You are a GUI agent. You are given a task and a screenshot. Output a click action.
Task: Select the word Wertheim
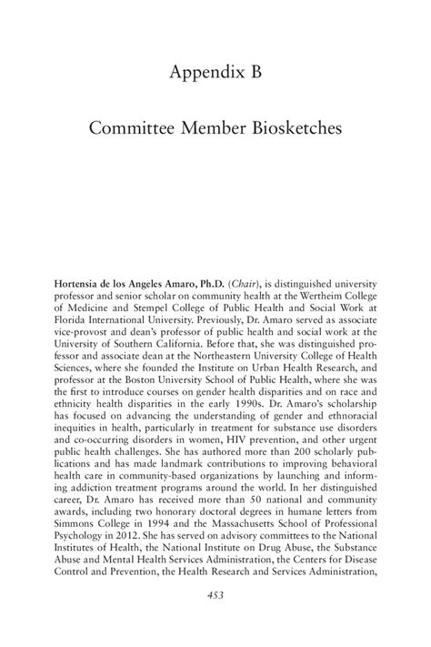(x=310, y=296)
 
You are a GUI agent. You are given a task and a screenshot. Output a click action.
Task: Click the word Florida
(x=73, y=321)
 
